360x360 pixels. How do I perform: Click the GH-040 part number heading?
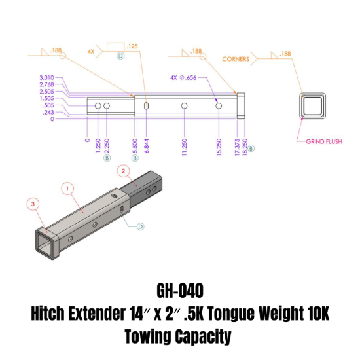(x=179, y=291)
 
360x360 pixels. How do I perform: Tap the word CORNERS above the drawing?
(x=236, y=58)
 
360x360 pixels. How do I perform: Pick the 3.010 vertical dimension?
(x=46, y=78)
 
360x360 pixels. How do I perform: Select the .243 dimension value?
(x=48, y=113)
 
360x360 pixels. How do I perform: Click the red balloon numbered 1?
(x=67, y=189)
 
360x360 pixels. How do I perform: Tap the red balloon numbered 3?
(x=34, y=204)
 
